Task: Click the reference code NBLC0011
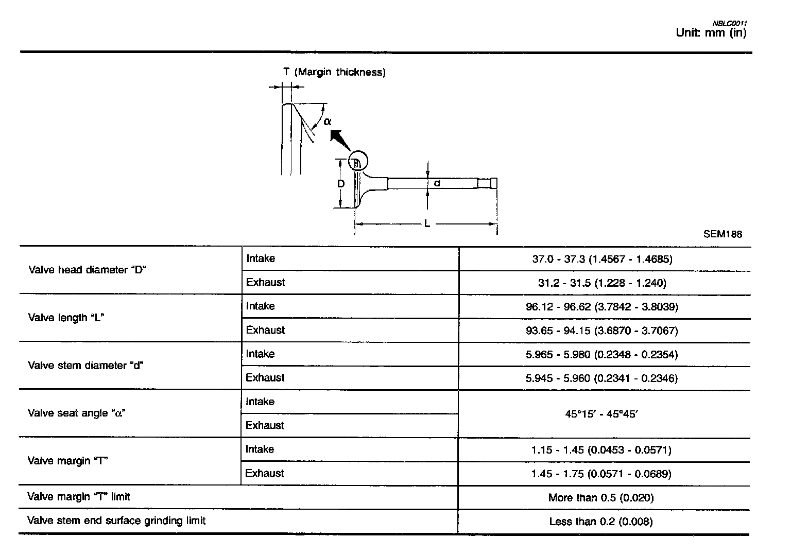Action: [x=730, y=23]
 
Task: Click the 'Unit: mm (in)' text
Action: [x=711, y=33]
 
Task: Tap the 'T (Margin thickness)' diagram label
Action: [x=334, y=72]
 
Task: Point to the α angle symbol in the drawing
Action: [x=328, y=122]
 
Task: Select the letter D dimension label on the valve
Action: [x=341, y=184]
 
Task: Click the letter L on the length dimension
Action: [x=427, y=223]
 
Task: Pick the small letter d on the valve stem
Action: [x=437, y=183]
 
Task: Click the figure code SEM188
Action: [x=723, y=234]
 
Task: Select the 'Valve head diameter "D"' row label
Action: [x=88, y=270]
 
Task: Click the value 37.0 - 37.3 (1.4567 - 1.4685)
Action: [x=602, y=259]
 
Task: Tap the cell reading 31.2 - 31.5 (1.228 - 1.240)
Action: [x=602, y=283]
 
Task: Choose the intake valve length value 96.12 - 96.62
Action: [x=602, y=307]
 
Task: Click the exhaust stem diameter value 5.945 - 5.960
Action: [x=601, y=378]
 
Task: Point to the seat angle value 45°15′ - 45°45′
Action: [x=601, y=413]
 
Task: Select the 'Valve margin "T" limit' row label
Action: [x=79, y=497]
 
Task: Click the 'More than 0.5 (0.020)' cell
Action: [x=601, y=498]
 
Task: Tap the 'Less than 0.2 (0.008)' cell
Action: [x=601, y=522]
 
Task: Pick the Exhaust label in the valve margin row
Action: [x=265, y=473]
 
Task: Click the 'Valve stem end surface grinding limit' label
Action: [x=116, y=521]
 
